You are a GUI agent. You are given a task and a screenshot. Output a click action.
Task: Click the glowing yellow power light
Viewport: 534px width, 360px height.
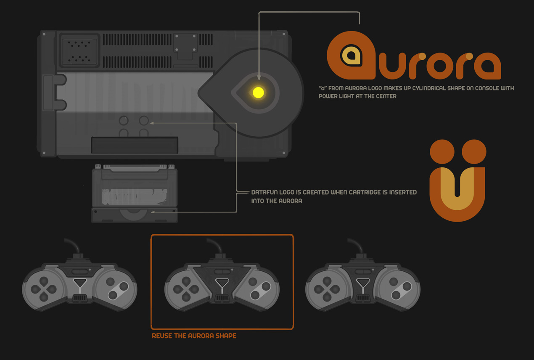258,93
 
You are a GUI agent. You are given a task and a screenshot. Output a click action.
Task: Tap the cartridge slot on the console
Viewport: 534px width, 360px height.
135,145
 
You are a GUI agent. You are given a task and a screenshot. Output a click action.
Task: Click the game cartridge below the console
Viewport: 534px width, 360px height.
135,193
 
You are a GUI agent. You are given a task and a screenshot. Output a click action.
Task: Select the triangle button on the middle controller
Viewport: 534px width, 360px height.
222,282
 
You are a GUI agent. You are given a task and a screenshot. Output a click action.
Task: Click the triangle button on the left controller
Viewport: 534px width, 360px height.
79,282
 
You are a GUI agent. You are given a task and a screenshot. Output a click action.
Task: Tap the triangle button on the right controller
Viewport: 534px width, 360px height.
363,282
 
